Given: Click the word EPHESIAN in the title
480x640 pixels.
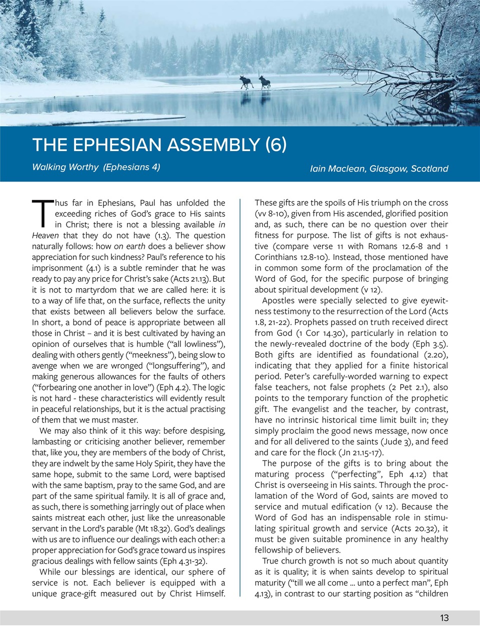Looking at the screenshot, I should point(119,144).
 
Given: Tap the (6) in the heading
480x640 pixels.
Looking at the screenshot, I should point(275,144).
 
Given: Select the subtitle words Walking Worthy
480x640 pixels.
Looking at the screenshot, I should point(65,167).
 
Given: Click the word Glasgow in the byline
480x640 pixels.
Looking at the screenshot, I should point(388,168).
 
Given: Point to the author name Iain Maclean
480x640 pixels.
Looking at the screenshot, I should point(337,168).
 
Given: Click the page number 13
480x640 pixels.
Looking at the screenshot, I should point(444,618).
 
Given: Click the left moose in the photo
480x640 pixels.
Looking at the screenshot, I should point(246,82).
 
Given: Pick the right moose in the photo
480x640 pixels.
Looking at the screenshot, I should point(264,82).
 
